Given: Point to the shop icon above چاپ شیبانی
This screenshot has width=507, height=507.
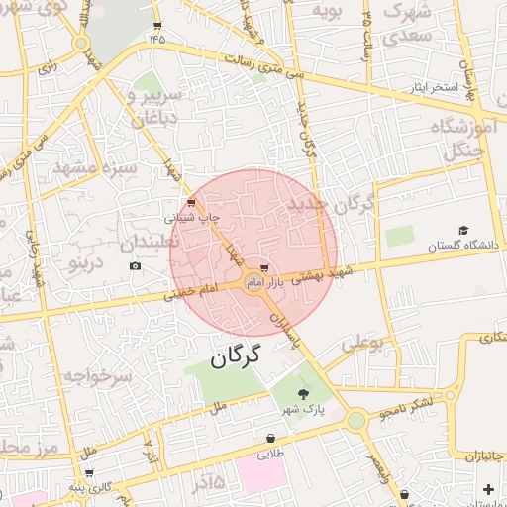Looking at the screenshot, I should [x=191, y=201].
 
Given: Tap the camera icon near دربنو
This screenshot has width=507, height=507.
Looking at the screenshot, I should [x=135, y=265].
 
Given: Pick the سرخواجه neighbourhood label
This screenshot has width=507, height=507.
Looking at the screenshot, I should [x=98, y=377].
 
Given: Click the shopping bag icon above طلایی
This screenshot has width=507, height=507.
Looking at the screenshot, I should [x=270, y=438].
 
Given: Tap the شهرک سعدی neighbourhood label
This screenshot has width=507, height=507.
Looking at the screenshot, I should [x=407, y=25].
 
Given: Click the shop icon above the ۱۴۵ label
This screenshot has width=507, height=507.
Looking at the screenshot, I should [x=157, y=26].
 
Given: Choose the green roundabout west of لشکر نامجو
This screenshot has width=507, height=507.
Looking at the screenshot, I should [x=355, y=421].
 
